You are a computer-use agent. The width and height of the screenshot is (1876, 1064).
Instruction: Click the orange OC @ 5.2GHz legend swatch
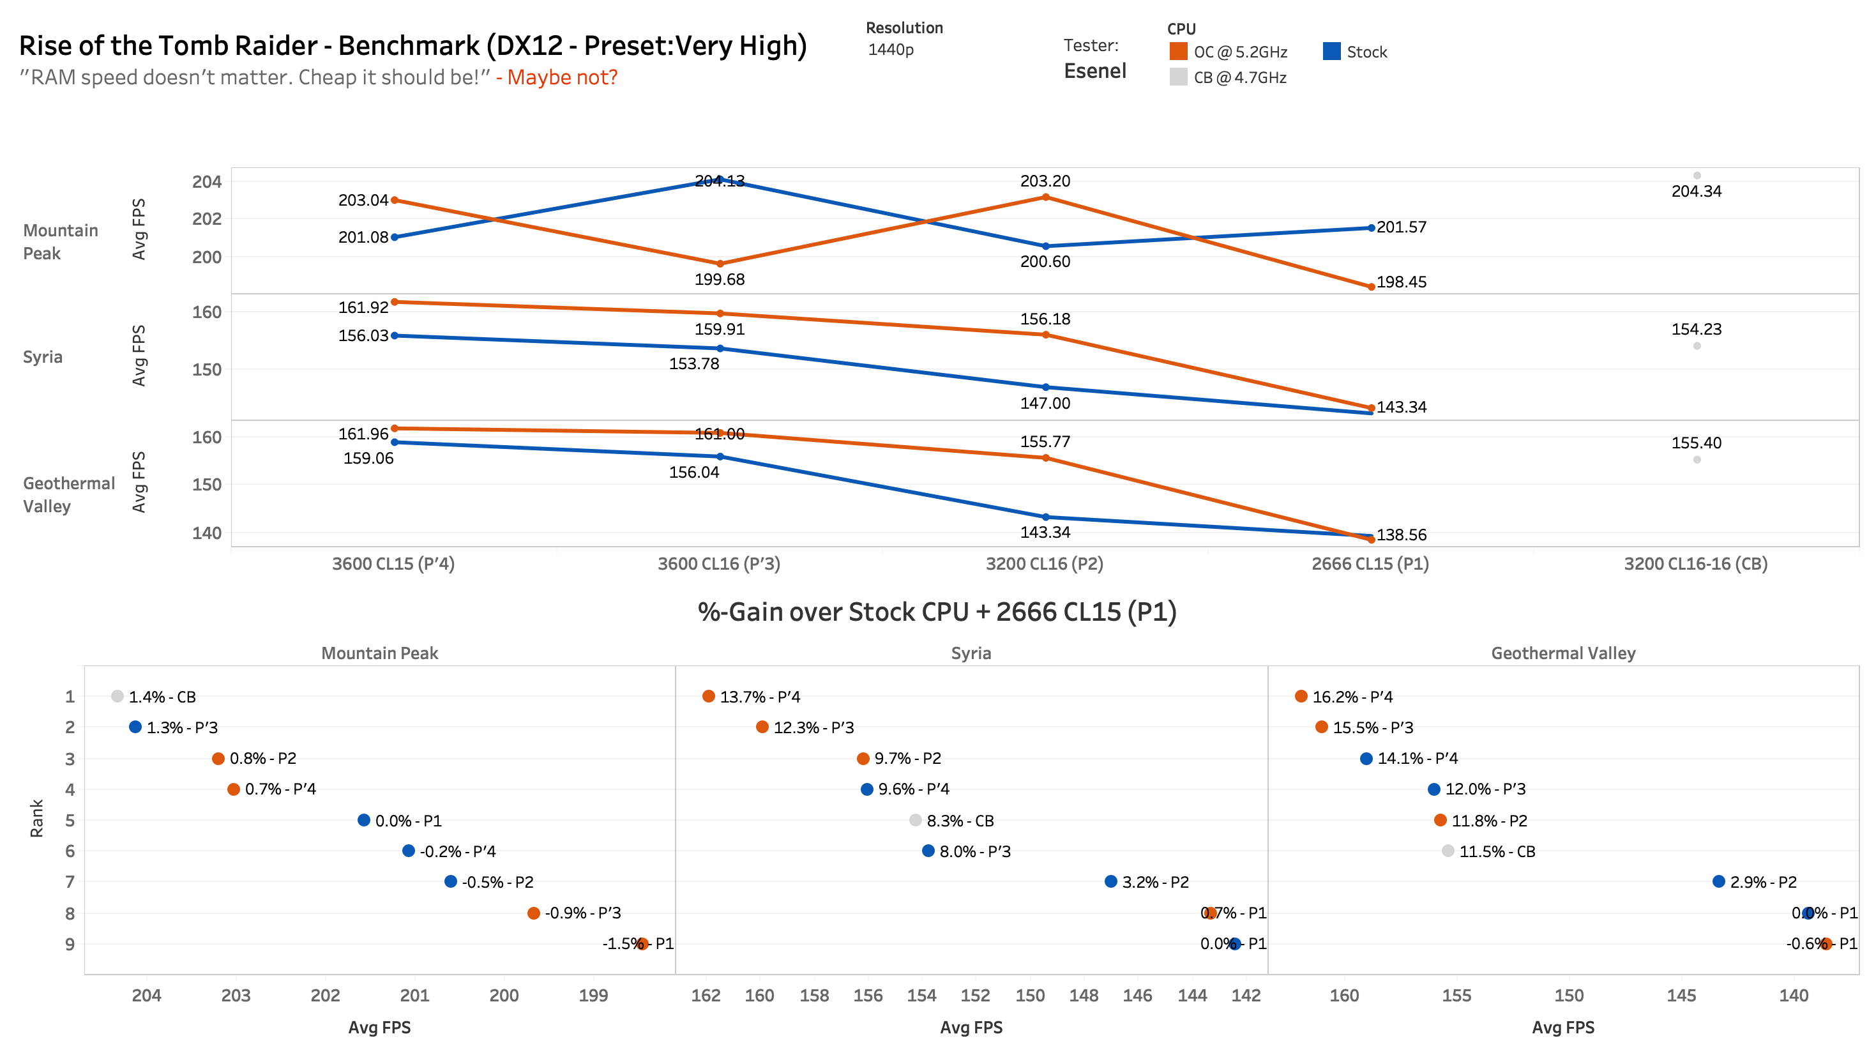[1177, 51]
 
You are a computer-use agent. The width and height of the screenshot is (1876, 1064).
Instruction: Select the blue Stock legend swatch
[1331, 51]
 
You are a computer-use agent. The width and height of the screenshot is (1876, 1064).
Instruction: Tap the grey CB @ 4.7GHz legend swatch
[1177, 77]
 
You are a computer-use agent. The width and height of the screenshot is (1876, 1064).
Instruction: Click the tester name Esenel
[1094, 71]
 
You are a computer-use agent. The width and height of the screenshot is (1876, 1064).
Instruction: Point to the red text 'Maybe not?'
[562, 77]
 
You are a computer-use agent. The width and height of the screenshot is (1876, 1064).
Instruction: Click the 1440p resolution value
[891, 50]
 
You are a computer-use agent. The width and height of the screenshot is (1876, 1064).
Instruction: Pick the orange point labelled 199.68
[720, 264]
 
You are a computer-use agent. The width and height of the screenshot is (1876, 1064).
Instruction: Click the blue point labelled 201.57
[1370, 228]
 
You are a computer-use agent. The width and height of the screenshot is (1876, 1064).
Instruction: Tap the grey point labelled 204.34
[1697, 176]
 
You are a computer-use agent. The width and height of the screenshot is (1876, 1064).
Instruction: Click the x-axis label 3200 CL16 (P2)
[1044, 563]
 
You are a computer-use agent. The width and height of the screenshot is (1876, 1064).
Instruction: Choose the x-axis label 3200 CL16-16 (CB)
[1695, 563]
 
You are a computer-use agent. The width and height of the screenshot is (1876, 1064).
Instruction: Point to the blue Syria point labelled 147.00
[1045, 387]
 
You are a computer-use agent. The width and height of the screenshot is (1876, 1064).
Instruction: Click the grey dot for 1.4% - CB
[117, 695]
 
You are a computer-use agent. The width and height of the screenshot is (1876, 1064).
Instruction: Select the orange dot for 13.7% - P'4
[708, 695]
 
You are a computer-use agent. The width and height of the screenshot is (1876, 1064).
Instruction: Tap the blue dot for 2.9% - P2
[1718, 881]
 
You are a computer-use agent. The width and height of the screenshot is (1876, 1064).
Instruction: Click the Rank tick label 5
[70, 820]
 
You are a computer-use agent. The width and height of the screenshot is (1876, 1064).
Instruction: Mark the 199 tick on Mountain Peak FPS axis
[593, 995]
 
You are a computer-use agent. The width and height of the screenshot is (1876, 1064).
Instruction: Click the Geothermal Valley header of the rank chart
[1562, 653]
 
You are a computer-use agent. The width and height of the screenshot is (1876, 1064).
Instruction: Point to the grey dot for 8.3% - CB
[914, 820]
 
